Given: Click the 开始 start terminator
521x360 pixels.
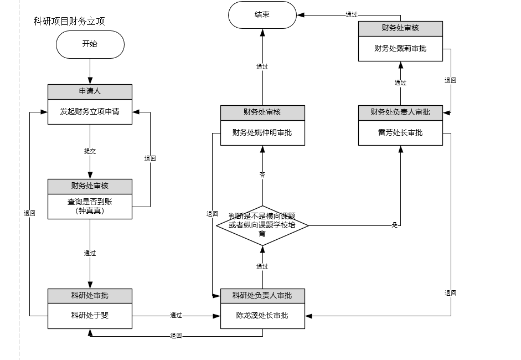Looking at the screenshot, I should coord(90,44).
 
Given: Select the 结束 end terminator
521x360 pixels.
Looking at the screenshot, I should coord(262,15).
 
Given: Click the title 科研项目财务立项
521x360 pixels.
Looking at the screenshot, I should coord(70,22).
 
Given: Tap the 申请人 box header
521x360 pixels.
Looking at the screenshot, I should coord(90,91).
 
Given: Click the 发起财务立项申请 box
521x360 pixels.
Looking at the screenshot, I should coord(90,112).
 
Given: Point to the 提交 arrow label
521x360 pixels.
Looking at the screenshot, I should coord(90,151).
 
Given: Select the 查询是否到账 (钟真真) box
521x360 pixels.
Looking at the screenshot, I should coord(90,206).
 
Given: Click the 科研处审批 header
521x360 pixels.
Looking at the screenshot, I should coord(90,295).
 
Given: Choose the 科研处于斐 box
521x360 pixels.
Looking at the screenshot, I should coord(90,316).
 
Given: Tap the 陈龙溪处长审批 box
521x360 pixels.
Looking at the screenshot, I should coord(262,316).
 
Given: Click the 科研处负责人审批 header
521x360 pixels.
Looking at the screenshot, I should coord(262,295).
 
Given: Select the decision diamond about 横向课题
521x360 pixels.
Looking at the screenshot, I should coord(262,225).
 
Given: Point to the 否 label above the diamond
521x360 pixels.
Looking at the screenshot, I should coord(262,175).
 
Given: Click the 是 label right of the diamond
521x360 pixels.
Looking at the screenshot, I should coord(395,225).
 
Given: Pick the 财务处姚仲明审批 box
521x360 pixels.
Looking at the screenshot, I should coord(262,133).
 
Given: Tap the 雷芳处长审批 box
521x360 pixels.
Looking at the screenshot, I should coord(400,133).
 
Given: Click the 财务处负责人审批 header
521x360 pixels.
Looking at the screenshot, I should coord(400,112).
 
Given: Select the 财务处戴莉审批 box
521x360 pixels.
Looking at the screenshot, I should coord(400,49).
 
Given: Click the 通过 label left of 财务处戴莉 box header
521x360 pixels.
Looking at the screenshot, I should coord(352,15).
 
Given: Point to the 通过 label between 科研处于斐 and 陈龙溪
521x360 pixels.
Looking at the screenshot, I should coord(176,316).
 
